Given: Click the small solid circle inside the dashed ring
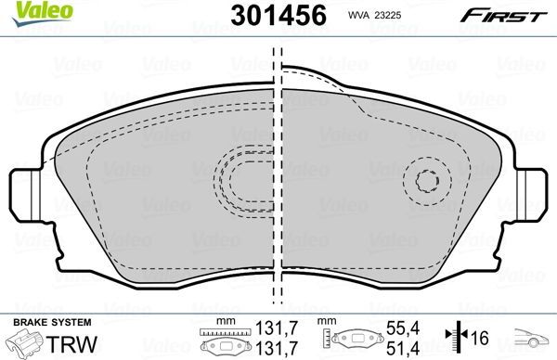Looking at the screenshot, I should coord(427,182).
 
